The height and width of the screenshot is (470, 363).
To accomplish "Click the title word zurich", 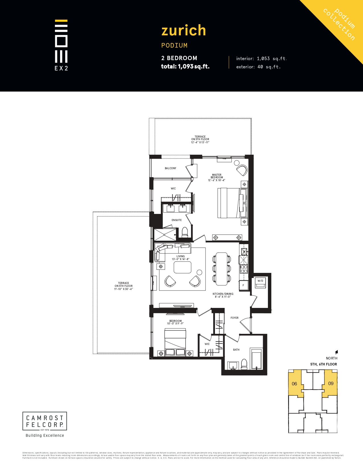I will [x=184, y=30].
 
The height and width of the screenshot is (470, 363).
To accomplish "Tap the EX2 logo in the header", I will [x=61, y=45].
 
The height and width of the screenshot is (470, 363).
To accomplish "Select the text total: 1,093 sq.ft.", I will [x=185, y=67].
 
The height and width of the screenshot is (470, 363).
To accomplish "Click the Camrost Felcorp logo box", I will [x=45, y=421].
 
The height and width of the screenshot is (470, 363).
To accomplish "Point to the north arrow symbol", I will [x=336, y=352].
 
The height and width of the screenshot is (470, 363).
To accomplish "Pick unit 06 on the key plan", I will [x=295, y=384].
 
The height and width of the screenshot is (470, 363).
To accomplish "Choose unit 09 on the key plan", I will [x=331, y=383].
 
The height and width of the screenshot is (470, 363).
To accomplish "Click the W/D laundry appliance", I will [x=260, y=283].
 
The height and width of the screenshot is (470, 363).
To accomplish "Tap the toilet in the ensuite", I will [x=185, y=232].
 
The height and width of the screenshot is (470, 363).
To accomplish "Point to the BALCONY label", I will [x=170, y=168].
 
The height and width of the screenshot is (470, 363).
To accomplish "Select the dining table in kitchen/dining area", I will [x=222, y=269].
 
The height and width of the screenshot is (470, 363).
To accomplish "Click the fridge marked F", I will [x=243, y=285].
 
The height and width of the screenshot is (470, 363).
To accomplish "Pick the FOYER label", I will [x=234, y=318].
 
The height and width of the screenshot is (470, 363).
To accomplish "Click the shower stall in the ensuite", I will [x=165, y=235].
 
